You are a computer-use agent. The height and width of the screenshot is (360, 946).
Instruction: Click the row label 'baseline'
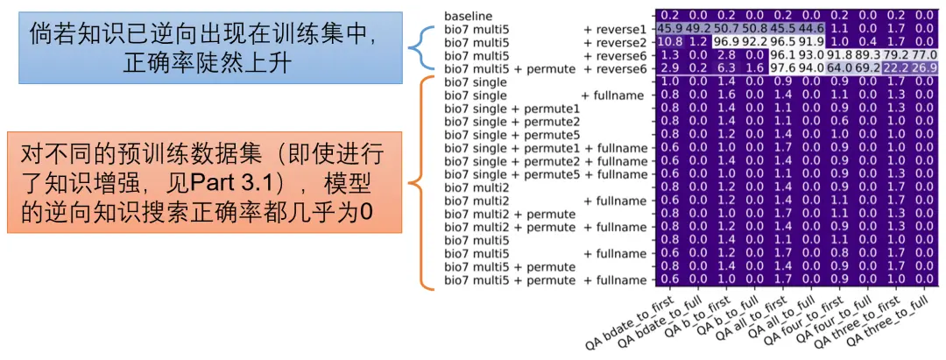[x=468, y=15]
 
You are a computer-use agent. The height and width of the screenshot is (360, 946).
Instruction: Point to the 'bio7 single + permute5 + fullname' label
[x=546, y=174]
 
